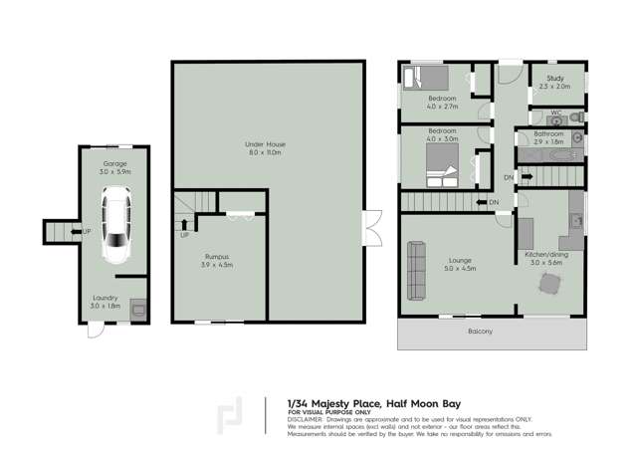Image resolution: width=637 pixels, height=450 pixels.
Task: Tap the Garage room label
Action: [x=115, y=162]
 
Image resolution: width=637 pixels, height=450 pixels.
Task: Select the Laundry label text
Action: [x=106, y=297]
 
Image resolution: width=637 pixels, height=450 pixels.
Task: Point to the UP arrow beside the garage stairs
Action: [x=87, y=231]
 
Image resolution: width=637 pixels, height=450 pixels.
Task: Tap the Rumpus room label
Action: [x=217, y=256]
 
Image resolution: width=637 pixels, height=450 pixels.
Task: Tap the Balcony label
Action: [x=481, y=331]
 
